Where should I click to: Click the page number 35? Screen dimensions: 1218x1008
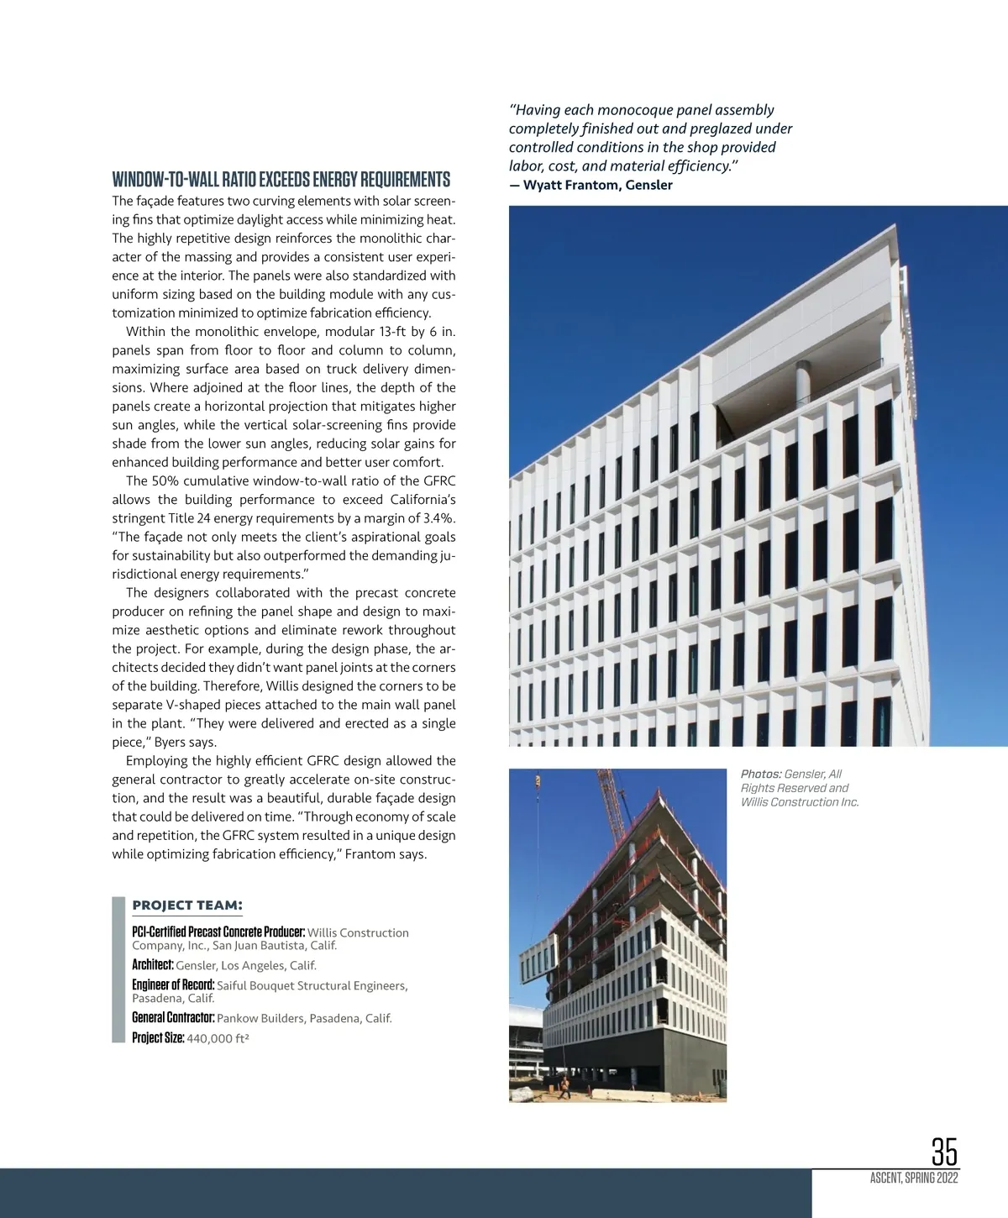(x=944, y=1151)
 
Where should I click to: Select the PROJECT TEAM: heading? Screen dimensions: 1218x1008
(x=187, y=906)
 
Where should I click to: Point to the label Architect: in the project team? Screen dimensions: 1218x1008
(x=153, y=964)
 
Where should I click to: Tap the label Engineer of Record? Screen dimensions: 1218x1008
(x=173, y=984)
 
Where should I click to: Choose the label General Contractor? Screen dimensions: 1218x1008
(x=173, y=1017)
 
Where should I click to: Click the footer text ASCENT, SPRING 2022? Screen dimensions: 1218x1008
(x=914, y=1179)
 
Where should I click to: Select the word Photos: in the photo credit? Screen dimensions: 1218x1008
(x=761, y=774)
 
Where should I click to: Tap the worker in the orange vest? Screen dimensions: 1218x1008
(x=564, y=1089)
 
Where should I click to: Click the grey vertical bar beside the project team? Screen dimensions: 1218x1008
(x=118, y=969)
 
